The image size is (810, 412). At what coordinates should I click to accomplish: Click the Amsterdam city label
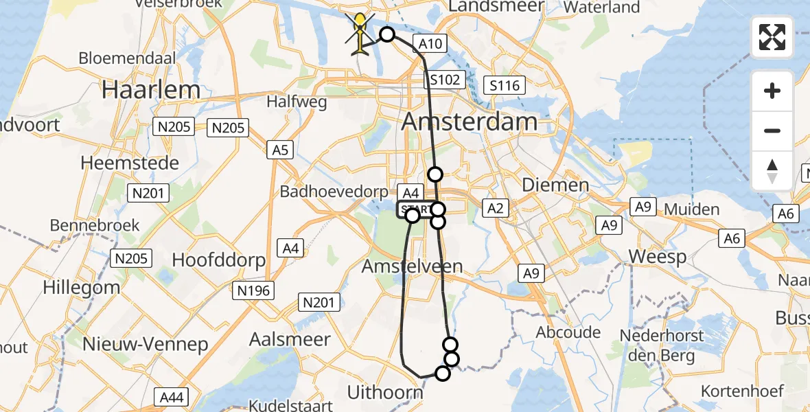[x=470, y=122]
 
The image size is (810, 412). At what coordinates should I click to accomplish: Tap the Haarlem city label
[x=151, y=90]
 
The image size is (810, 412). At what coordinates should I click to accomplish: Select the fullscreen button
[x=772, y=37]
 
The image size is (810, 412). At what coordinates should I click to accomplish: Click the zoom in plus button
[x=772, y=91]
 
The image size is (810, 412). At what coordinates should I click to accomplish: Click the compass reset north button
[x=772, y=170]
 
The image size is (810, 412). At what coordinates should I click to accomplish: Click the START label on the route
[x=416, y=209]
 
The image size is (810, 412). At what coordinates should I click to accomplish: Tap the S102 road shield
[x=445, y=80]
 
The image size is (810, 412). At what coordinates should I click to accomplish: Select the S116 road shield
[x=505, y=85]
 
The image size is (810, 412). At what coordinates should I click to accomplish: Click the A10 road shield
[x=430, y=44]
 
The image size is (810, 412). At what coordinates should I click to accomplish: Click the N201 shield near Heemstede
[x=149, y=194]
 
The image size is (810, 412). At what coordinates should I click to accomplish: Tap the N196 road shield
[x=254, y=291]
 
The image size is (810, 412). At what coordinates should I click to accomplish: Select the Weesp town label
[x=658, y=257]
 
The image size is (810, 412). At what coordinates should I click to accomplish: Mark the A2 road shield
[x=495, y=207]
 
